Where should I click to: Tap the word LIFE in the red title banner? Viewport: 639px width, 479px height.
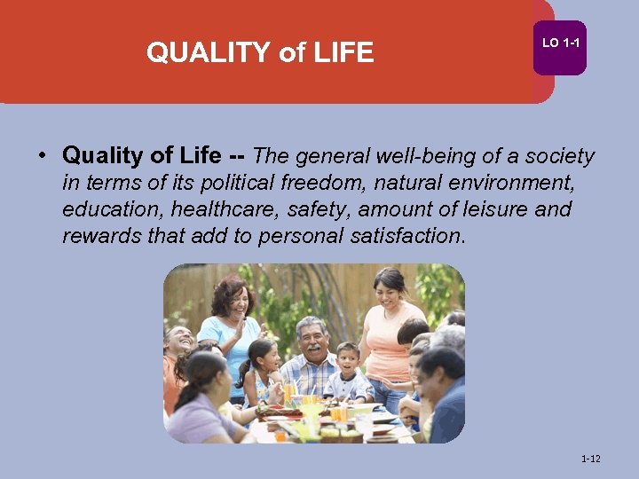(343, 53)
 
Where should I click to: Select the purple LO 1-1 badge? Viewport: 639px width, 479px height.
(560, 43)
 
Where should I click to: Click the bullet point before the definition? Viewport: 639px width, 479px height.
(42, 156)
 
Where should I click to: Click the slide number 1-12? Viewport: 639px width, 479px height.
(590, 459)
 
